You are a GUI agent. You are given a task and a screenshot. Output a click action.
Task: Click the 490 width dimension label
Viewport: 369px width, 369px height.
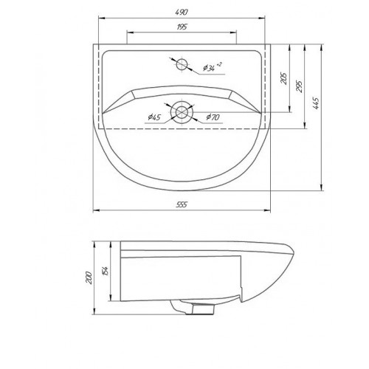pos(182,12)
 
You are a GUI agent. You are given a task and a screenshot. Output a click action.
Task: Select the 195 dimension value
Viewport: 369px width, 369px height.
pos(182,27)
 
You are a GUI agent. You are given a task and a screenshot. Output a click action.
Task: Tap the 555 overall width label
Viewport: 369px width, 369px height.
pos(182,204)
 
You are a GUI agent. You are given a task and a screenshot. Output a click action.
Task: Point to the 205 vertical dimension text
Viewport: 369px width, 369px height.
pos(284,78)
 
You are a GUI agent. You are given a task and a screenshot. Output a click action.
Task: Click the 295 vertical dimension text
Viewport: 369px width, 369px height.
pos(300,86)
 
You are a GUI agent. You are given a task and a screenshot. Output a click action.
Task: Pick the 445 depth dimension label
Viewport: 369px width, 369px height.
pos(316,103)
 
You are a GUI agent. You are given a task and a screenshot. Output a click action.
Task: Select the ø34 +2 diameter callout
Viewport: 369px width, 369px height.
pos(213,66)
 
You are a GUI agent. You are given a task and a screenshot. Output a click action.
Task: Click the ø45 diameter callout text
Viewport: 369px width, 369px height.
pos(154,117)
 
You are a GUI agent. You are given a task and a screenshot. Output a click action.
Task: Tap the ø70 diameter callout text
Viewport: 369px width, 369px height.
pos(213,117)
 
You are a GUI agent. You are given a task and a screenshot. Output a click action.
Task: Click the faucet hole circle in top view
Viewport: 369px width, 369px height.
pos(182,64)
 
